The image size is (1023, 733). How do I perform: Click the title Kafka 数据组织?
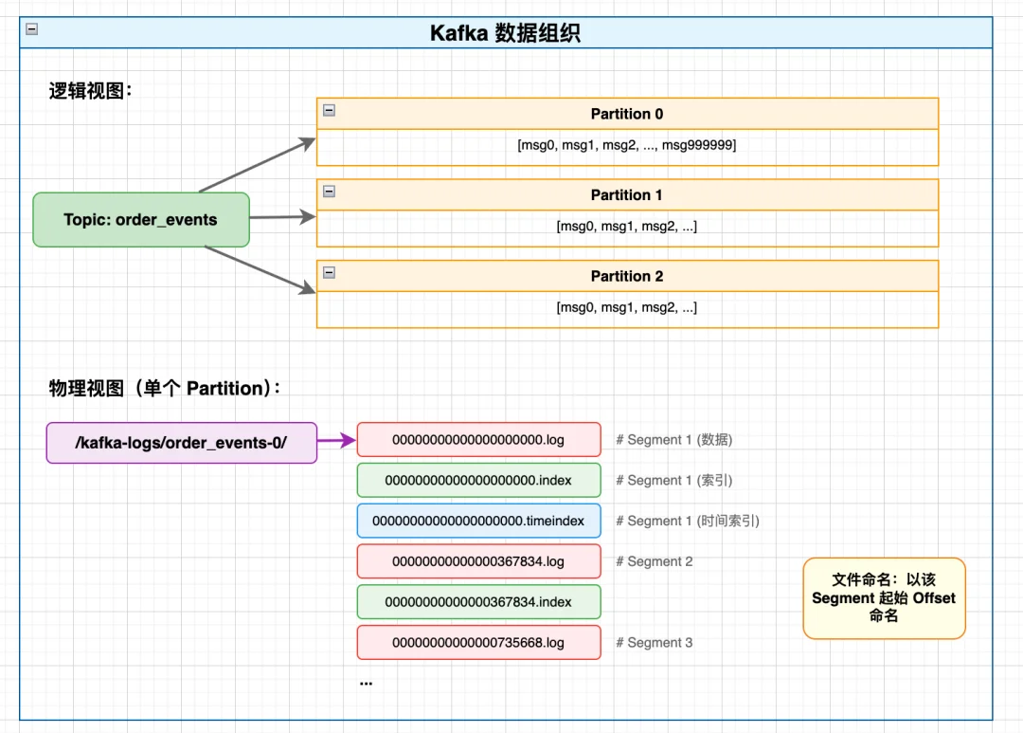click(x=505, y=33)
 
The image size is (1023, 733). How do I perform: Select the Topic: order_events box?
click(x=141, y=220)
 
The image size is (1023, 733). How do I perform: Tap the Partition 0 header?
click(x=627, y=114)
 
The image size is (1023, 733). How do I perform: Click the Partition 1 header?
click(x=627, y=195)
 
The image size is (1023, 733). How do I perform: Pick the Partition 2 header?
click(x=627, y=277)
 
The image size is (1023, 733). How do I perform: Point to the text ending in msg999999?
click(x=627, y=145)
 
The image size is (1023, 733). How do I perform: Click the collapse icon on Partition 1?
click(x=329, y=192)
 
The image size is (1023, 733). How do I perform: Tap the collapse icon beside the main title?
click(x=32, y=28)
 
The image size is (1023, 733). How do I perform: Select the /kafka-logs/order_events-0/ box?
click(x=181, y=443)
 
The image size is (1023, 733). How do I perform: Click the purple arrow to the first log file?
click(x=336, y=440)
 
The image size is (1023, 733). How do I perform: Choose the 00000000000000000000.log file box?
click(x=478, y=440)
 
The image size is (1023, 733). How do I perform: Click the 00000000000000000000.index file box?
click(x=478, y=481)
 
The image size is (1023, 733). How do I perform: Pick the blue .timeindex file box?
click(x=478, y=521)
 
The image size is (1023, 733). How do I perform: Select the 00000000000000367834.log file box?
click(x=478, y=561)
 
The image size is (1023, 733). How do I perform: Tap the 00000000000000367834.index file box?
click(x=478, y=602)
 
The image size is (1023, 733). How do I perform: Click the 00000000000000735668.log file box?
click(x=478, y=643)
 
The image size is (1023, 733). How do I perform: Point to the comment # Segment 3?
click(x=654, y=643)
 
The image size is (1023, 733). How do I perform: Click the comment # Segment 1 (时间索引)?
click(x=688, y=521)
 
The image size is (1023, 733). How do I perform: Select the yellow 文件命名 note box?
click(x=884, y=598)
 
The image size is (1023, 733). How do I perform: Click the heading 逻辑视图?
click(x=90, y=92)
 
